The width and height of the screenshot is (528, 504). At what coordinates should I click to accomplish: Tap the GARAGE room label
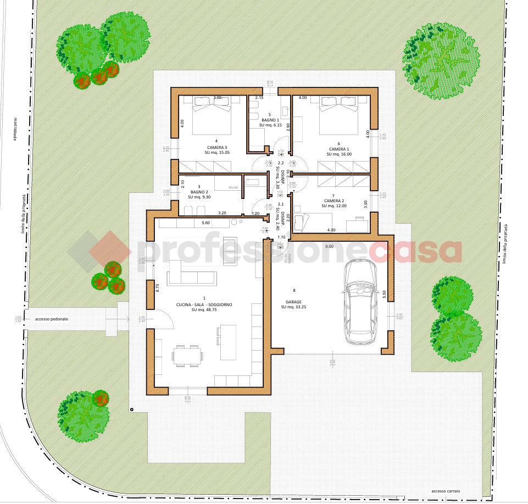294,302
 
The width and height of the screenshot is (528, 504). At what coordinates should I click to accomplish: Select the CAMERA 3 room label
216,147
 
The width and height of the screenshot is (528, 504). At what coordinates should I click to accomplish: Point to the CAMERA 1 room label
339,149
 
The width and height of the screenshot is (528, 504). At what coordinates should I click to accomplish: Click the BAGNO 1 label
270,120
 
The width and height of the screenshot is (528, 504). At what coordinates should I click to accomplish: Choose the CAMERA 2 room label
334,201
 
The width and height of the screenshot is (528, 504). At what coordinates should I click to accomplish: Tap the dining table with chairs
187,355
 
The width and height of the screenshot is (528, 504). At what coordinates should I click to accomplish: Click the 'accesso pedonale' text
51,319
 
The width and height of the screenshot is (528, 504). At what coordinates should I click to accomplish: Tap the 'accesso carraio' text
447,491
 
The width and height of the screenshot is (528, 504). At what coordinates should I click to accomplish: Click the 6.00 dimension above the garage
329,247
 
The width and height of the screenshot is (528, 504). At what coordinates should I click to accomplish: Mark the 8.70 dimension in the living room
158,286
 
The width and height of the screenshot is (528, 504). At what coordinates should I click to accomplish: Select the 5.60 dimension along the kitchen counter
206,223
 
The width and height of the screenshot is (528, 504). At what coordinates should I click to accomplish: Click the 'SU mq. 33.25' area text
294,307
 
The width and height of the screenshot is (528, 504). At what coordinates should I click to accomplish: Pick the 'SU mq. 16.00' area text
339,154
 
